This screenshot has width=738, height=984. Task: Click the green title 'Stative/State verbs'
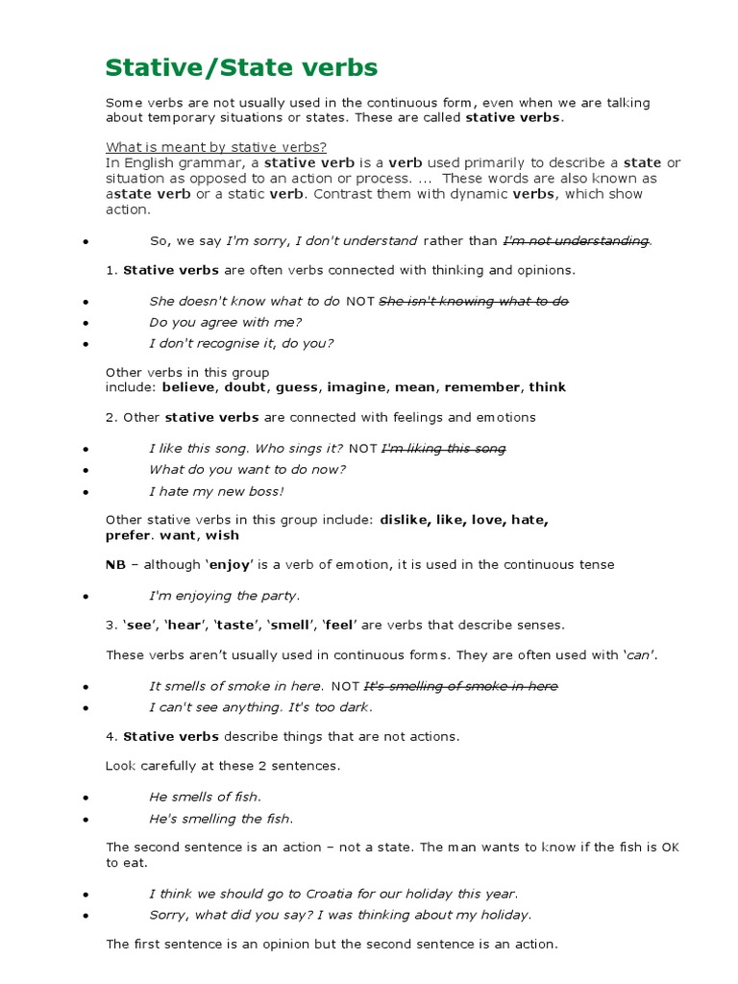tap(241, 67)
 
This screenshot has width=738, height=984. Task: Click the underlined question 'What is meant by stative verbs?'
tap(216, 147)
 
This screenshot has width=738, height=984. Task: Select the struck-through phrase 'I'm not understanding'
tap(577, 240)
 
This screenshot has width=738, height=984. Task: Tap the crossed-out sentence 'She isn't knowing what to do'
tap(474, 301)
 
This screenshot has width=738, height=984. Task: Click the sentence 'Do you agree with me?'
tap(225, 322)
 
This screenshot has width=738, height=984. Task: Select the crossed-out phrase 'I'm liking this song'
tap(444, 448)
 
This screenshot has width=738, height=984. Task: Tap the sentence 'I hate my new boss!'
tap(216, 491)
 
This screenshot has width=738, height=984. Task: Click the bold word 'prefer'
tap(128, 535)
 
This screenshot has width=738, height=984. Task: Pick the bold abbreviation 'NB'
tap(115, 564)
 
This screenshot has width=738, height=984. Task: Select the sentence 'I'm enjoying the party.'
tap(224, 595)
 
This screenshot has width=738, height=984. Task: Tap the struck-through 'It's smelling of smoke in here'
tap(460, 686)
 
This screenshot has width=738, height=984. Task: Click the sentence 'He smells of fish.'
tap(205, 797)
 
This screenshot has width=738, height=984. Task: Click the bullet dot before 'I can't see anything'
tap(86, 708)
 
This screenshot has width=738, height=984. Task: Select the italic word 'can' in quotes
tap(639, 655)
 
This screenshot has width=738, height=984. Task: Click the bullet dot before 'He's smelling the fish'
tap(86, 820)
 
